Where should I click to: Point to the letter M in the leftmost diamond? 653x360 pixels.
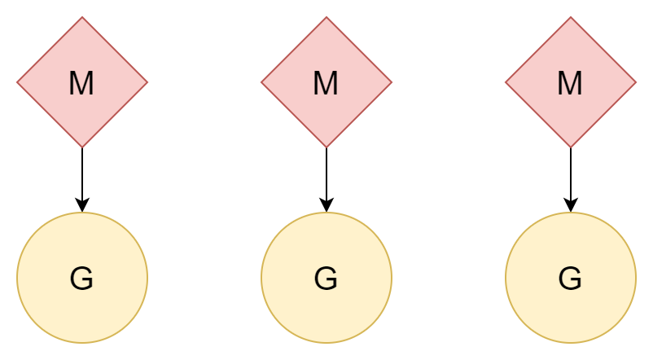pos(81,83)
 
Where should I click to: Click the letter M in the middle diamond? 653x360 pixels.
pos(326,83)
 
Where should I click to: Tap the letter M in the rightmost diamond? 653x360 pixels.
pos(570,83)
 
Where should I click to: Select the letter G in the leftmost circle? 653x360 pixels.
pos(81,279)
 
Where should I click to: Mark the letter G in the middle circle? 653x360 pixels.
pos(326,279)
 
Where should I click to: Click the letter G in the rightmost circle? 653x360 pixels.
pos(570,279)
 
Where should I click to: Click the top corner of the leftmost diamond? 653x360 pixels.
pos(82,19)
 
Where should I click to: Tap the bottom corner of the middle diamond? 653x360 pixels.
pos(326,146)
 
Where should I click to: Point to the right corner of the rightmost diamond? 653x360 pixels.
pos(634,82)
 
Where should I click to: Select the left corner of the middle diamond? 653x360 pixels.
pos(263,82)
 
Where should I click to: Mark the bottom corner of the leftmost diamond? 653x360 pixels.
pos(82,146)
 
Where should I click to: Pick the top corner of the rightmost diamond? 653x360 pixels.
pos(571,19)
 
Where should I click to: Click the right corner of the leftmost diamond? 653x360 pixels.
pos(146,82)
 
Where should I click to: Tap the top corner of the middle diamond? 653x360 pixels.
pos(326,19)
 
